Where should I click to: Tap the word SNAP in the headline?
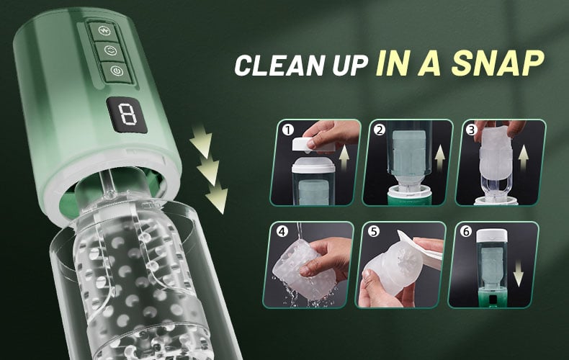(x=498, y=63)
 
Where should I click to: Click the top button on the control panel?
(x=104, y=32)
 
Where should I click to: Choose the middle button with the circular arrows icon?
(x=110, y=51)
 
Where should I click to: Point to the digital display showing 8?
(x=127, y=114)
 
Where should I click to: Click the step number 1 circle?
(x=288, y=130)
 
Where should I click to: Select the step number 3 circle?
(x=472, y=130)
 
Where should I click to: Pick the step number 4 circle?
(x=282, y=231)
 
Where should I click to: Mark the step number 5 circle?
(x=374, y=231)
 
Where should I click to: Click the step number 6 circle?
(x=466, y=231)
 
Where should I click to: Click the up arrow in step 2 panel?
(x=439, y=158)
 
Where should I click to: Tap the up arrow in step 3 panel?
(x=523, y=159)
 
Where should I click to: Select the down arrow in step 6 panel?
(x=519, y=274)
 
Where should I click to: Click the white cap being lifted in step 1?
(x=313, y=145)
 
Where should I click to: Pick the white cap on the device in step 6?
(x=492, y=235)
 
